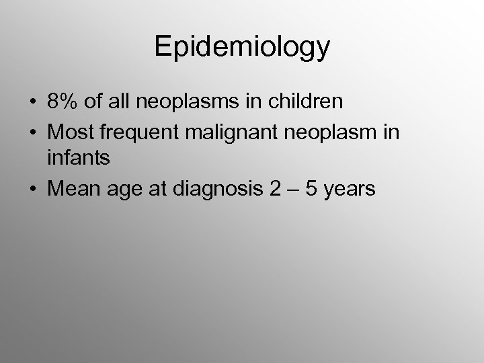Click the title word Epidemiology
(242, 47)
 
